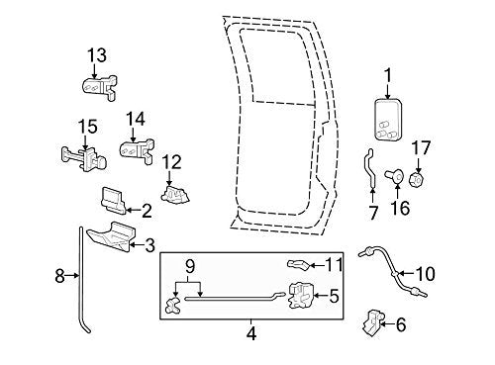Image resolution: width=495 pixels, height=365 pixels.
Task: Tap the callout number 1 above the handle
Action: [x=388, y=73]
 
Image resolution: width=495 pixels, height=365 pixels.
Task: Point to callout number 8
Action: [x=60, y=276]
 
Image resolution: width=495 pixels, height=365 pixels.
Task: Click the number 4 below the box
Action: [x=251, y=334]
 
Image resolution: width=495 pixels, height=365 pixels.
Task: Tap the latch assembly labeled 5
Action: [x=302, y=294]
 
